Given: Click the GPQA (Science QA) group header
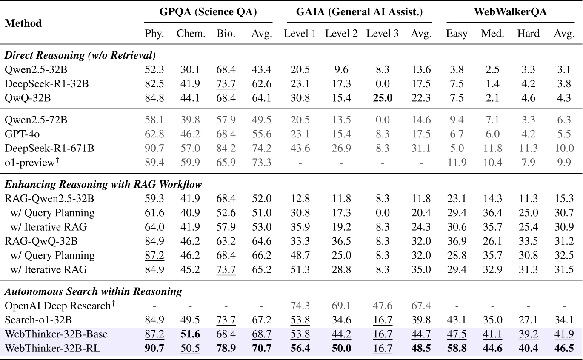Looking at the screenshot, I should click(x=208, y=12).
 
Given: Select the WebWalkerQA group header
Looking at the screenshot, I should click(x=510, y=12).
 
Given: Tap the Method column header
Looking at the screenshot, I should click(x=23, y=23).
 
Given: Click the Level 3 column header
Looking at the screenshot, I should click(x=383, y=34).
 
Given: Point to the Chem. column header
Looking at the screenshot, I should click(x=191, y=34).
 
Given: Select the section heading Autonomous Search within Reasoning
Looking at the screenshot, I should click(x=94, y=291).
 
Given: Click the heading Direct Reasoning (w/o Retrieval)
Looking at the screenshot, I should click(x=80, y=55).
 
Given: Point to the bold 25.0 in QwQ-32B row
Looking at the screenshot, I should click(x=383, y=98).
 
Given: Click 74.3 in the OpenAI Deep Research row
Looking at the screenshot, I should click(x=300, y=306).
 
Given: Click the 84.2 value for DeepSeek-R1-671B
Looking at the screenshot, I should click(x=226, y=148).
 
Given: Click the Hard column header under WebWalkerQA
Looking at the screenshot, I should click(x=528, y=34).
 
